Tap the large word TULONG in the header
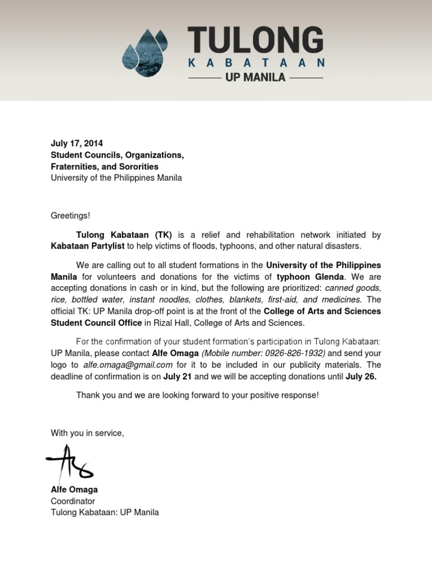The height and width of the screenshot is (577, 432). coord(255,41)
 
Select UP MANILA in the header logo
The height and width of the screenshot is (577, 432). coord(255,78)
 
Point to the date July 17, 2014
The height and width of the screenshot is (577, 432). coord(77,143)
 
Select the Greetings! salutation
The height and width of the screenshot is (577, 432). coord(70,215)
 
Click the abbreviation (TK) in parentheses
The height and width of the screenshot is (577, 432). coord(159,234)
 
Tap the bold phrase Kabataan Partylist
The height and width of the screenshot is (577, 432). coord(88,246)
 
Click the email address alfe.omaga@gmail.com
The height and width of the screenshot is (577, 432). coord(128,365)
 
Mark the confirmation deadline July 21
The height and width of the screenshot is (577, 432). coord(178,376)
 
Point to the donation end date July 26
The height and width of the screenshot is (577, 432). coord(361,376)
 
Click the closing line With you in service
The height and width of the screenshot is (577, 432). coord(87,433)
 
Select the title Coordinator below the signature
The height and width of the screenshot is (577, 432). coord(73,501)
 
